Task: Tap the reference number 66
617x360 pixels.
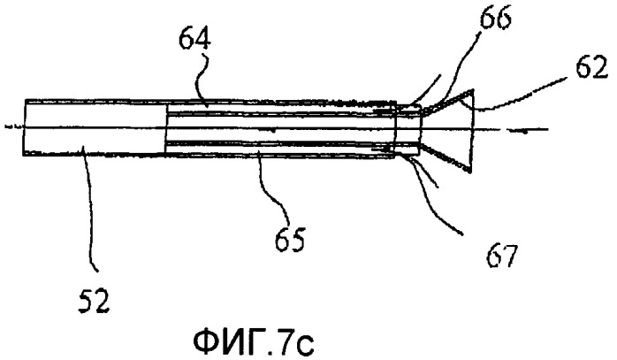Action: pos(495,18)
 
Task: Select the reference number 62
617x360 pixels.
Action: pos(591,68)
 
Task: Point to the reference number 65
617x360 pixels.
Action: pos(290,239)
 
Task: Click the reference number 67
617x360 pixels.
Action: pos(500,256)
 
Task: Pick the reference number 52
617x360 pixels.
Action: pos(94,302)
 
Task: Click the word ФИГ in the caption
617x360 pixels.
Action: pos(225,342)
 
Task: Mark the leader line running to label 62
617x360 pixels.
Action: pos(523,95)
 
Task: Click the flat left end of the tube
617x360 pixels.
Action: pos(24,126)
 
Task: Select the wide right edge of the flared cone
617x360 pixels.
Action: pos(472,130)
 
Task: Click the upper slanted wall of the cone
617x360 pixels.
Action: pos(446,102)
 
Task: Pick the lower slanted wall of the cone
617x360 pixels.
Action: pos(445,157)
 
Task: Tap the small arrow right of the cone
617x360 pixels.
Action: pos(516,130)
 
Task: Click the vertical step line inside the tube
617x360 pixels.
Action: pos(165,127)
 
